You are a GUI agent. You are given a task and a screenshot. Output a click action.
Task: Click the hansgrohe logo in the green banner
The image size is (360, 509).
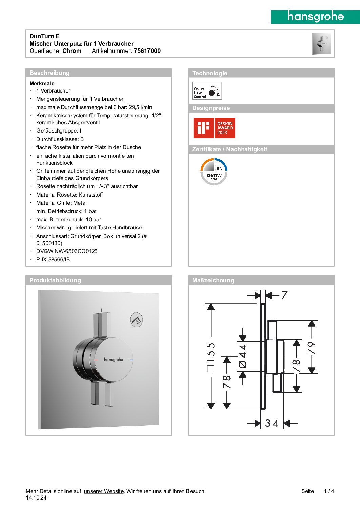click(x=316, y=17)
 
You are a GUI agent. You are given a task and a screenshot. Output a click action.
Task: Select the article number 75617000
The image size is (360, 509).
click(x=147, y=51)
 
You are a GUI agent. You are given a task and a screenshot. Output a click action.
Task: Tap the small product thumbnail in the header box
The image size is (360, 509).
click(x=321, y=44)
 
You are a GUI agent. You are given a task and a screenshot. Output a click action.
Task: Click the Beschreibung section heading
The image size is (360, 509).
click(x=49, y=73)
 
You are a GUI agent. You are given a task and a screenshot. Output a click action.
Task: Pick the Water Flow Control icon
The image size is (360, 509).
click(x=207, y=91)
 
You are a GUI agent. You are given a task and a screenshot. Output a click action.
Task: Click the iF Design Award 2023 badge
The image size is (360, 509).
click(x=214, y=128)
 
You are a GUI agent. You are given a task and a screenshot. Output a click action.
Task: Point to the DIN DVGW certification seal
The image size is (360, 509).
click(x=214, y=172)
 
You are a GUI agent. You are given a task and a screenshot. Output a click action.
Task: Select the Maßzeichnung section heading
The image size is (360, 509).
click(x=213, y=280)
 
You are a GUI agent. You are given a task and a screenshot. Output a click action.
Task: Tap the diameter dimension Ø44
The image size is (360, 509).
click(x=243, y=356)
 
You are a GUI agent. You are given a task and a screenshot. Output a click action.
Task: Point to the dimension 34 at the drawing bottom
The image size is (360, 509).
click(x=272, y=423)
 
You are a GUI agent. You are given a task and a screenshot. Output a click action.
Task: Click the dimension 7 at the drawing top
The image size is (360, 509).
click(x=284, y=296)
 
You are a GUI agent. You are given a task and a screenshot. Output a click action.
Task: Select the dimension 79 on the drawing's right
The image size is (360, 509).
click(x=312, y=348)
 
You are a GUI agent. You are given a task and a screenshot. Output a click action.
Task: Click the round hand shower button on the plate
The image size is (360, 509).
click(x=137, y=320)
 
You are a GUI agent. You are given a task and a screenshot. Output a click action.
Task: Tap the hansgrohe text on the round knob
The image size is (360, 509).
click(x=114, y=360)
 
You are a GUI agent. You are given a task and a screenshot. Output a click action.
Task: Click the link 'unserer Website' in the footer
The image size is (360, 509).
click(x=104, y=491)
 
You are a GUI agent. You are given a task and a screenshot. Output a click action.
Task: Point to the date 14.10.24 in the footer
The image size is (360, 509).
click(x=36, y=498)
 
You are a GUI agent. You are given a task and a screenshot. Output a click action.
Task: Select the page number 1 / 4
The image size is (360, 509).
click(x=329, y=491)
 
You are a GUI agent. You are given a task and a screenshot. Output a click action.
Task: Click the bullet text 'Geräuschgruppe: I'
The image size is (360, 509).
click(x=59, y=131)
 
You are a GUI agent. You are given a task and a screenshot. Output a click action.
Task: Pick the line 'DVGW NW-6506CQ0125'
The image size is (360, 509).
click(x=67, y=251)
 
